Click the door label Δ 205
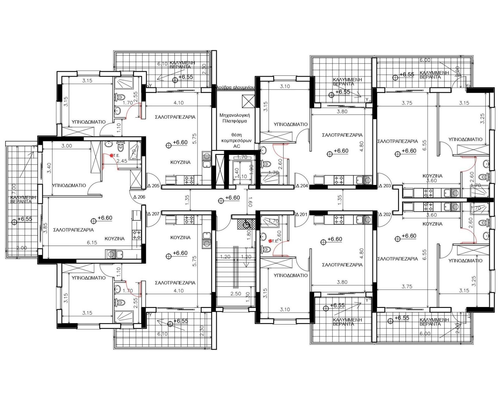[154, 186]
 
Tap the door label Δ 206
[139, 197]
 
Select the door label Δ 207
[154, 214]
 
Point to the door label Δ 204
[302, 186]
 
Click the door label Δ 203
[385, 186]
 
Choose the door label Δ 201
[301, 214]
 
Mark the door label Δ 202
[385, 214]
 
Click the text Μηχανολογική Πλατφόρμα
[235, 118]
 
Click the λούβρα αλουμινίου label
[236, 87]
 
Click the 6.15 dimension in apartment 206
[92, 242]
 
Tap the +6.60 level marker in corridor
[232, 198]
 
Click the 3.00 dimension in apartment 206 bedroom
[67, 146]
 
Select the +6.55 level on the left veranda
[25, 219]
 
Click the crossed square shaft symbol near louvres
[248, 102]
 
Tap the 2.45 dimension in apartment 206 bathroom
[122, 161]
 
